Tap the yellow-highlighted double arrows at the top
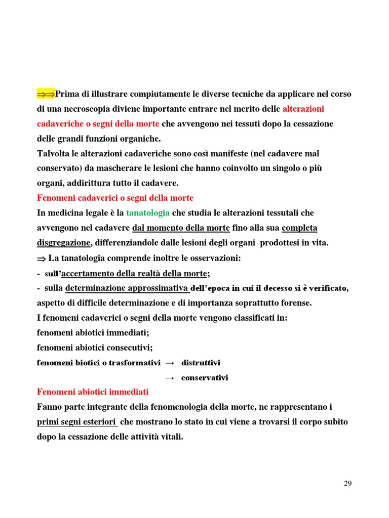pyautogui.click(x=46, y=94)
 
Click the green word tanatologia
pyautogui.click(x=148, y=213)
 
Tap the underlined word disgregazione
pyautogui.click(x=64, y=243)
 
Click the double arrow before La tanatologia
pyautogui.click(x=42, y=258)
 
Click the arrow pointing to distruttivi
pyautogui.click(x=170, y=363)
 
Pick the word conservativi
pyautogui.click(x=205, y=378)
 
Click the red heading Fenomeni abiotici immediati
pyautogui.click(x=93, y=392)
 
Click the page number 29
pyautogui.click(x=347, y=484)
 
